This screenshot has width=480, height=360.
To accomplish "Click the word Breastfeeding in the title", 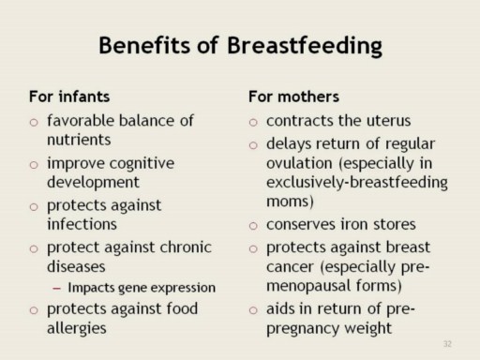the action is (305, 46).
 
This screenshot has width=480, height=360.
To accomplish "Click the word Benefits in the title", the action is (144, 45).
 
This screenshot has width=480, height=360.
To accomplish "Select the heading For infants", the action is (69, 97).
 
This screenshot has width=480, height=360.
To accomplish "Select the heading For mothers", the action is (293, 97).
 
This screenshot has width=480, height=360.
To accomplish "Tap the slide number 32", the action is (447, 344).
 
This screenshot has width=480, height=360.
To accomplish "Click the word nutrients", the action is (79, 140).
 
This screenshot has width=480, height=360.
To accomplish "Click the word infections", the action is (82, 224).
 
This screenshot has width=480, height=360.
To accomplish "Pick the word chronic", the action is (186, 247).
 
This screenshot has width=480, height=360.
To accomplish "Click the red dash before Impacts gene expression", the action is (56, 288).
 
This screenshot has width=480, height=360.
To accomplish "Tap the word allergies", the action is (77, 328).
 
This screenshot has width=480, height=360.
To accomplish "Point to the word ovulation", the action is (299, 163).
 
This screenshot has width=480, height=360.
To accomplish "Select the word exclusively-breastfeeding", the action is (357, 183).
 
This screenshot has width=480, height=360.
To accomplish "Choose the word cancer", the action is (290, 267).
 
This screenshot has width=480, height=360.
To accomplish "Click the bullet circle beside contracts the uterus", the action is (253, 122).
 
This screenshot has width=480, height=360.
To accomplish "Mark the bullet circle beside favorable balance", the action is (34, 122).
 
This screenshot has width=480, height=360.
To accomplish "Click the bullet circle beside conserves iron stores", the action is (253, 226).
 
